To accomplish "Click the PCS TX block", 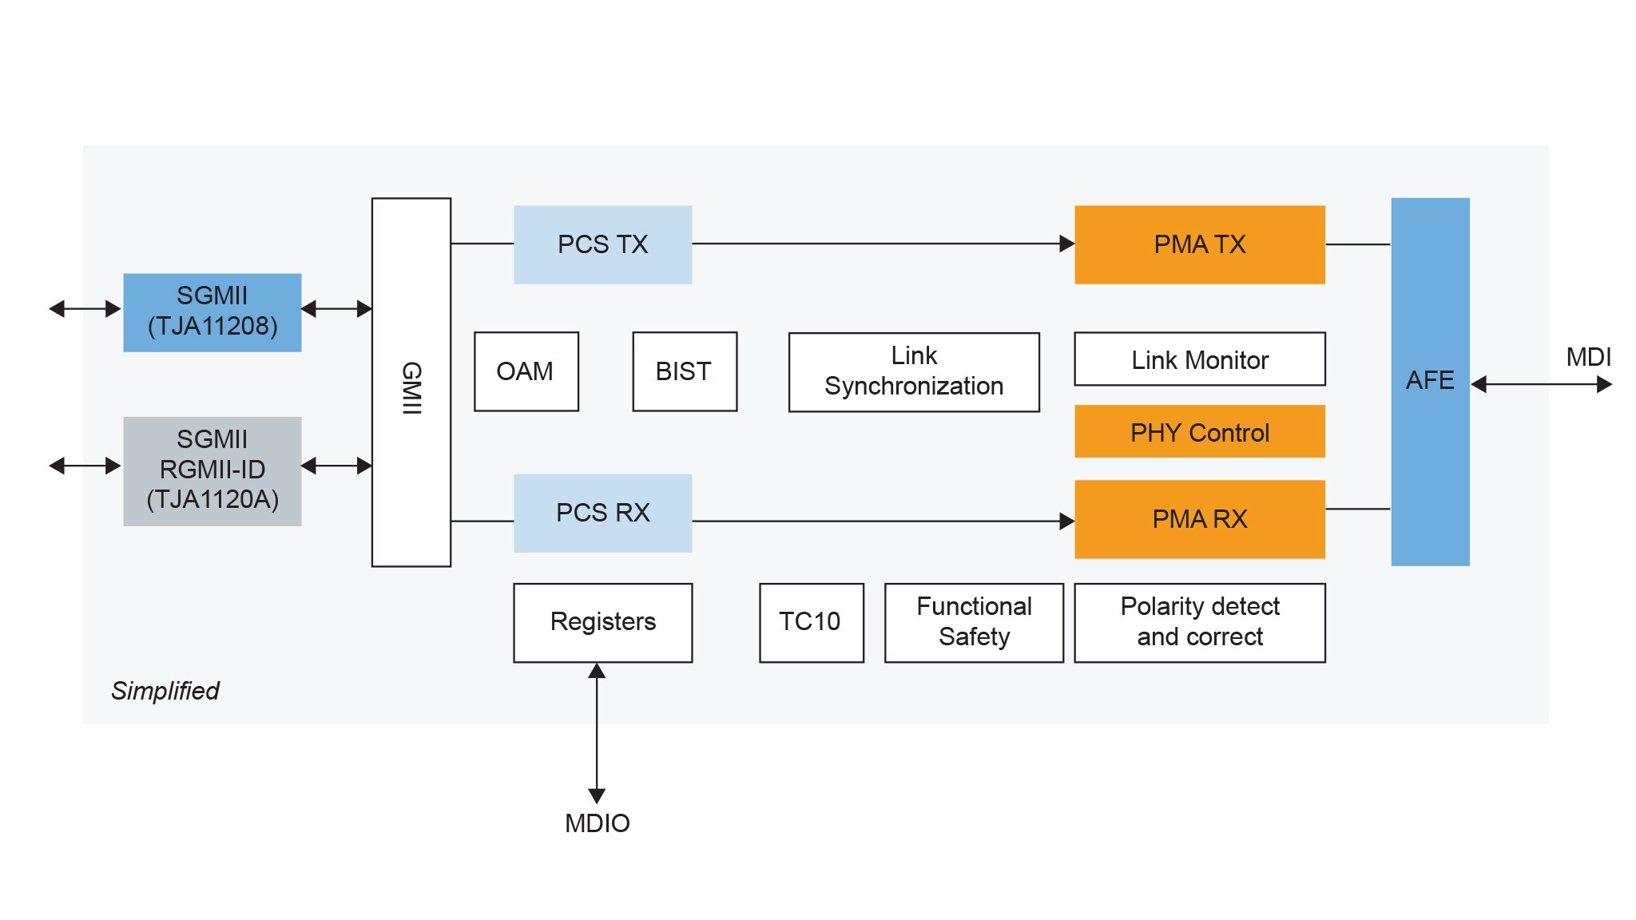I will (x=602, y=244).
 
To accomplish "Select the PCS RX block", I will (x=602, y=513).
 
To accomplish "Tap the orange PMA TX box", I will (x=1199, y=244).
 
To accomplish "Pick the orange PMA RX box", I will (x=1199, y=519).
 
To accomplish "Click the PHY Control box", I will (x=1199, y=432).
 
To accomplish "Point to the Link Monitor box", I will (x=1199, y=359).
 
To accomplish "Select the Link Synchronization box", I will (x=914, y=371).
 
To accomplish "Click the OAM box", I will (x=526, y=371).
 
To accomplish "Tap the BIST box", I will (x=684, y=371).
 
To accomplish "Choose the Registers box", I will (x=602, y=622).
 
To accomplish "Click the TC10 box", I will (x=811, y=622).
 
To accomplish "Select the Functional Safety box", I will (x=974, y=622).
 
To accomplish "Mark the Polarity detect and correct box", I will (x=1199, y=622).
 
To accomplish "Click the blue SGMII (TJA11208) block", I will (x=212, y=311).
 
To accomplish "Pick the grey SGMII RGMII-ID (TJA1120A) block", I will (x=212, y=470).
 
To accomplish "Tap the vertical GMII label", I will (x=411, y=388).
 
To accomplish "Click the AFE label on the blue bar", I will (x=1430, y=380).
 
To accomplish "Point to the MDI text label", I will (x=1588, y=357).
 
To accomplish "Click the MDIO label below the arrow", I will (x=598, y=823).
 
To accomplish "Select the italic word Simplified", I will (x=165, y=691).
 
